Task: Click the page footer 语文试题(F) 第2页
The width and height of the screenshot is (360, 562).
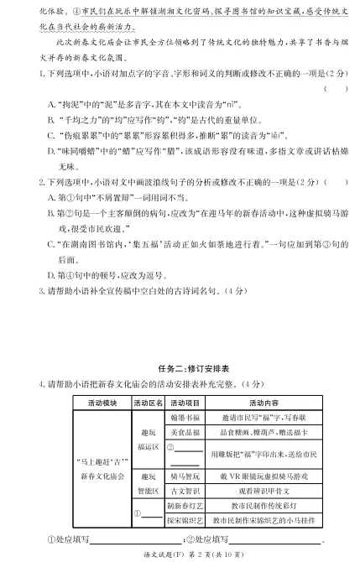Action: [180, 554]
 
